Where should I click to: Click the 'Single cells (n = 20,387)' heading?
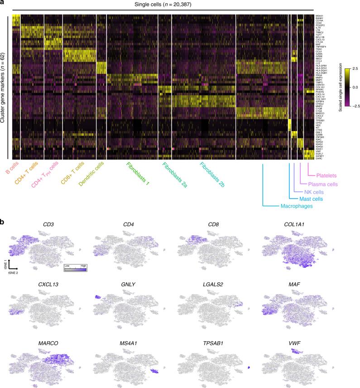tap(163, 5)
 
